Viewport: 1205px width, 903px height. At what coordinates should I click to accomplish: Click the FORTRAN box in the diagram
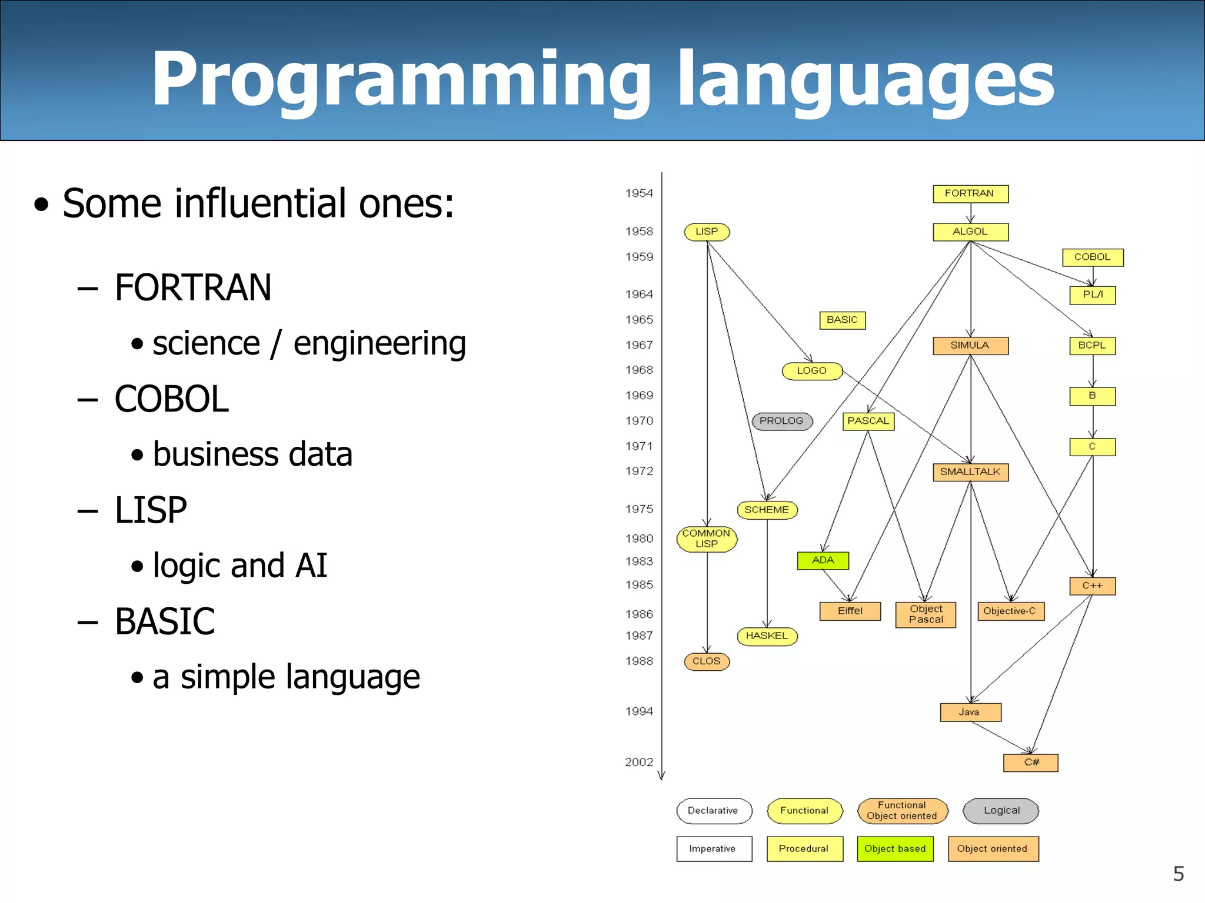[x=970, y=193]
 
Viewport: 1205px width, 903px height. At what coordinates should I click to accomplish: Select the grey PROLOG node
[x=782, y=421]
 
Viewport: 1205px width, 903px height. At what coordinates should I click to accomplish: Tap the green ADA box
[x=823, y=560]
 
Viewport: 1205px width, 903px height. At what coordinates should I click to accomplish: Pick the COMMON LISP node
[x=707, y=539]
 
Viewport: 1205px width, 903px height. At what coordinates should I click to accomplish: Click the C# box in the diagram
[x=1031, y=762]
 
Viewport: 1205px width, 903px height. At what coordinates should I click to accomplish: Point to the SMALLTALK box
[x=970, y=472]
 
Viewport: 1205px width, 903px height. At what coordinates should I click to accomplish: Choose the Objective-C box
[x=1010, y=611]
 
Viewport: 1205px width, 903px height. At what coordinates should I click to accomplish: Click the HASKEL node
[x=767, y=636]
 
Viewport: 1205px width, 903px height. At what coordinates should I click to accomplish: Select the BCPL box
[x=1092, y=346]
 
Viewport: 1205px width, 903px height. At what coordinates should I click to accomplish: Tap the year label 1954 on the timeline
[x=639, y=193]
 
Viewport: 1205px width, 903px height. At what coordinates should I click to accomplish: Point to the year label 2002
[x=639, y=762]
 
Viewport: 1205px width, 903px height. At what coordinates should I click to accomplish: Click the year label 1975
[x=639, y=509]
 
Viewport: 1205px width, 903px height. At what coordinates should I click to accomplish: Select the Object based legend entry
[x=895, y=849]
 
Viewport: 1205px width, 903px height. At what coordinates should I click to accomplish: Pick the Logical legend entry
[x=1001, y=811]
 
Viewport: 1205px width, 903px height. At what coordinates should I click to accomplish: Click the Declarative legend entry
[x=714, y=811]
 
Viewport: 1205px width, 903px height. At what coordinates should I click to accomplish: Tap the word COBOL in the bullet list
[x=171, y=399]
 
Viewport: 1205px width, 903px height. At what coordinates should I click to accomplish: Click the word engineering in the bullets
[x=380, y=344]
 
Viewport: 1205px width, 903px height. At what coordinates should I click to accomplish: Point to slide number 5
[x=1178, y=874]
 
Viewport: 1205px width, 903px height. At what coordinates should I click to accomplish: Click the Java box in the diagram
[x=970, y=713]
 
